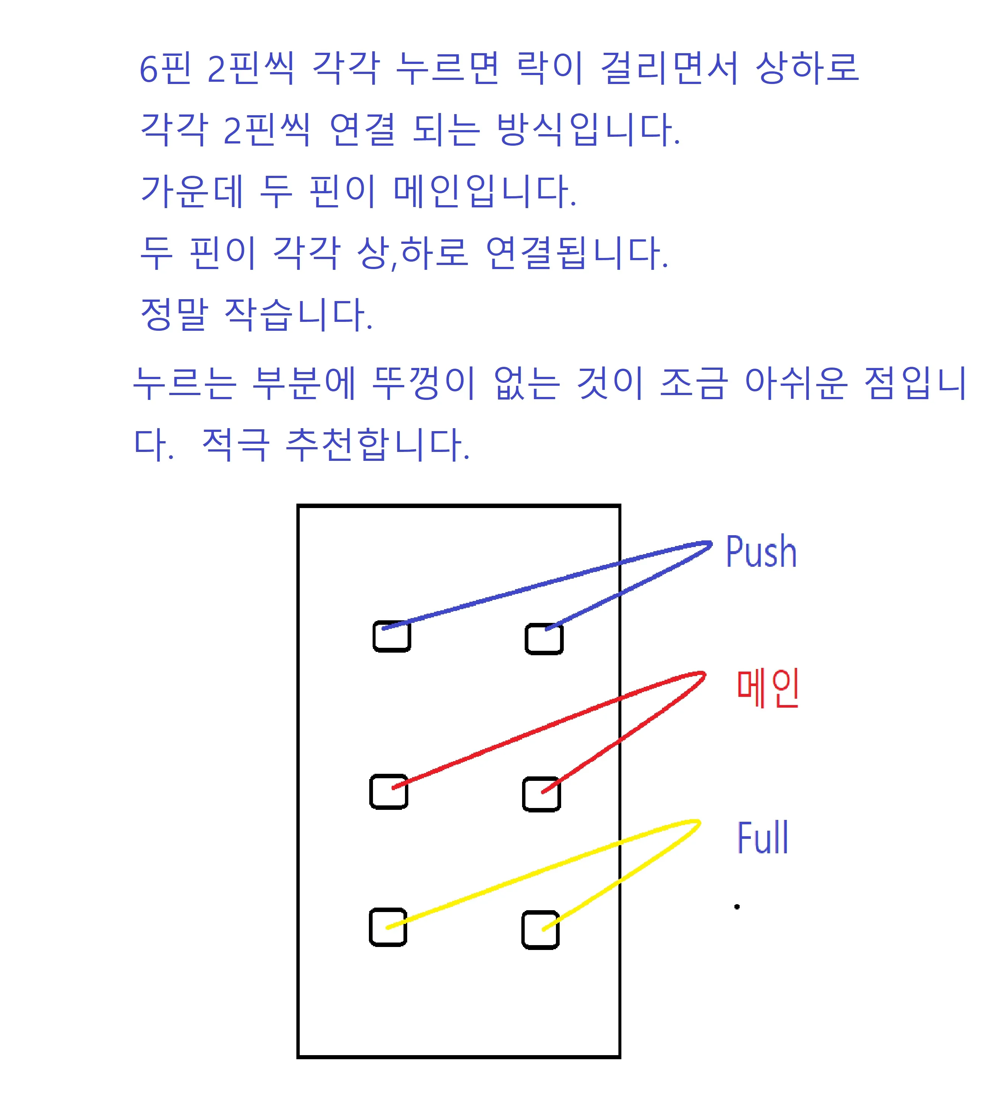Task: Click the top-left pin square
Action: pyautogui.click(x=392, y=637)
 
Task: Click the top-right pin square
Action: pyautogui.click(x=544, y=639)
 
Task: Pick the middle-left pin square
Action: pyautogui.click(x=389, y=792)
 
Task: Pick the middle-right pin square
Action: pyautogui.click(x=541, y=794)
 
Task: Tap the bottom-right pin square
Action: pyautogui.click(x=541, y=931)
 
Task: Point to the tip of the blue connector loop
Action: pyautogui.click(x=710, y=544)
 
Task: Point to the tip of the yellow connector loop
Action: pyautogui.click(x=699, y=822)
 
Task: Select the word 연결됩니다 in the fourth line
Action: pyautogui.click(x=577, y=253)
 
